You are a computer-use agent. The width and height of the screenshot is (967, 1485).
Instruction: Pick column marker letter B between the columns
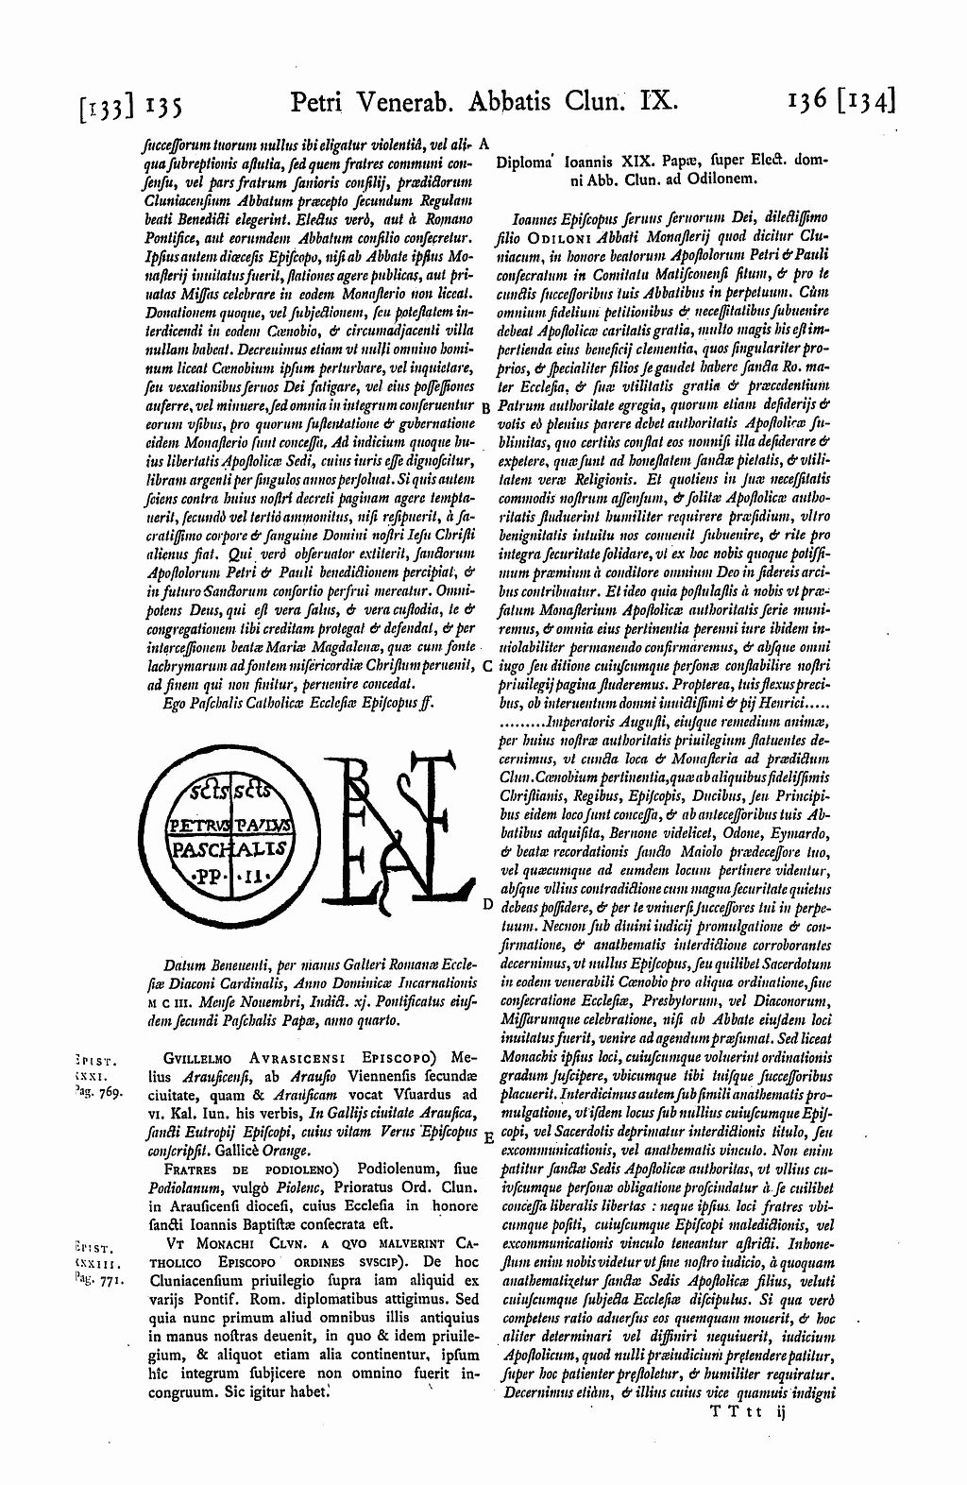coord(484,408)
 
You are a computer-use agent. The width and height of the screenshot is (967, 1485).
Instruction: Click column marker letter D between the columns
coord(485,904)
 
